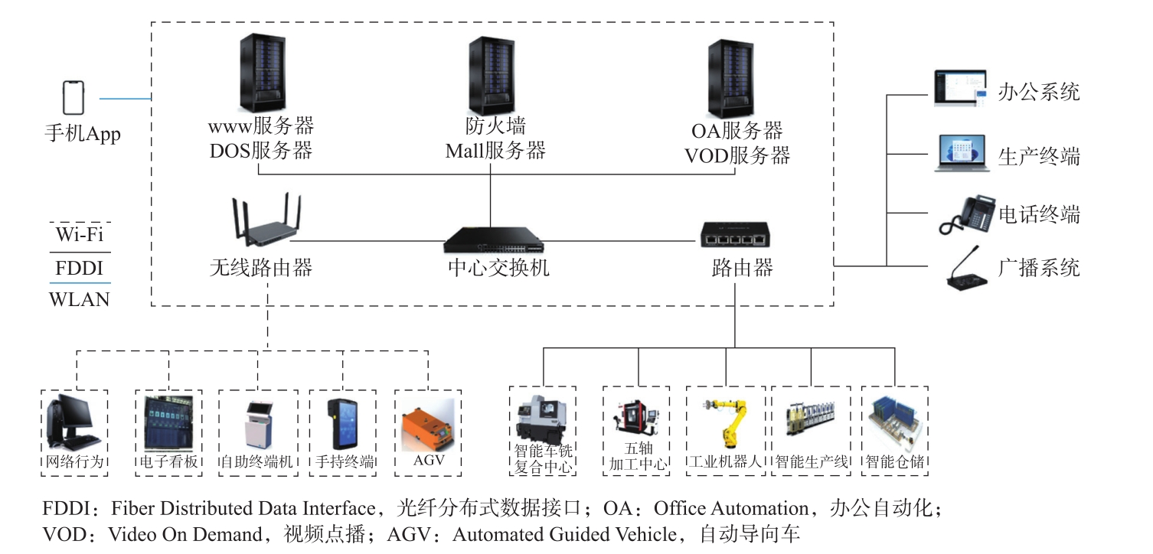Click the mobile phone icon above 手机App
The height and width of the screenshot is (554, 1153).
73,98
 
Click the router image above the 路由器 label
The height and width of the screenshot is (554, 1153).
734,235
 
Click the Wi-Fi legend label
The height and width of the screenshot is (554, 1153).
80,234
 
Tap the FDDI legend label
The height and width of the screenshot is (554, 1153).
80,269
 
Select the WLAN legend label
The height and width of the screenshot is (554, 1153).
80,299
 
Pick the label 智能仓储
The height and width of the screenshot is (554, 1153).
894,462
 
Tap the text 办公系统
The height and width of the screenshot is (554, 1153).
1039,93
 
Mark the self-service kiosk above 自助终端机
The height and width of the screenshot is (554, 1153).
258,423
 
